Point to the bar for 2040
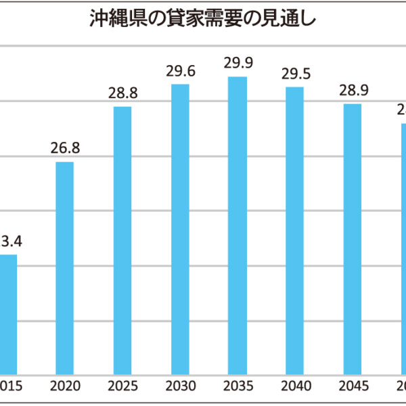click(x=294, y=230)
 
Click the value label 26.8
click(x=65, y=149)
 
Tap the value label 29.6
click(x=180, y=71)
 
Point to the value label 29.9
click(x=238, y=64)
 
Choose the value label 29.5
click(x=294, y=74)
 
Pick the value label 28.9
click(x=352, y=91)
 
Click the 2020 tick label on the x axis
click(x=65, y=386)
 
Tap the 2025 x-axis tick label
click(x=122, y=386)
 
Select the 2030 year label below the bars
click(x=180, y=386)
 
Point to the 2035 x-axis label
click(x=238, y=386)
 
